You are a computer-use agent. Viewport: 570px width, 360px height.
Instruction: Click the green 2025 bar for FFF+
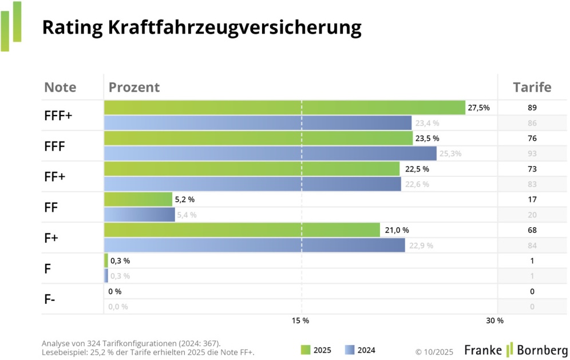[x=284, y=108]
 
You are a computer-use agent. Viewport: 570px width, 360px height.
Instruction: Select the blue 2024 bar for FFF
[x=270, y=153]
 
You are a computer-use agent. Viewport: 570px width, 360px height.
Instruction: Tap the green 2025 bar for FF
[x=138, y=199]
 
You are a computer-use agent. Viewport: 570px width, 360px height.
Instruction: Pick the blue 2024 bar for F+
[x=255, y=245]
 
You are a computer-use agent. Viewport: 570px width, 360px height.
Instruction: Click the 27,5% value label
[x=479, y=108]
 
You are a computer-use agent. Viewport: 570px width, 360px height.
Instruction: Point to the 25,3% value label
[x=450, y=153]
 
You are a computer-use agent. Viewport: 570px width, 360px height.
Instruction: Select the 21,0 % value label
[x=397, y=230]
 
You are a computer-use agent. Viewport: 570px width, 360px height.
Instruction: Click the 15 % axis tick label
[x=300, y=321]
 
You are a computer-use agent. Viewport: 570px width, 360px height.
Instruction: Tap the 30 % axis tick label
[x=495, y=321]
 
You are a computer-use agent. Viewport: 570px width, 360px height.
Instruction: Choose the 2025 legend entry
[x=315, y=350]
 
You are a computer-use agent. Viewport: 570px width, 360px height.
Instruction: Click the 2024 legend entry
[x=360, y=350]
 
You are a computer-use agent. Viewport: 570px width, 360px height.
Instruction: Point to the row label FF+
[x=55, y=176]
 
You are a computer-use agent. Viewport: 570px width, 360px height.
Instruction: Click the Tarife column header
[x=532, y=88]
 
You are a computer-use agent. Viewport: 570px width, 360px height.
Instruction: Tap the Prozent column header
[x=134, y=88]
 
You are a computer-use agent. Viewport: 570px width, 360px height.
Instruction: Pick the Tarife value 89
[x=532, y=108]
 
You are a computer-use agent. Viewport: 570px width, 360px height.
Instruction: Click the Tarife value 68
[x=532, y=230]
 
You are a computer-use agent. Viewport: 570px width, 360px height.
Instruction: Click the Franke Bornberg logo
[x=516, y=350]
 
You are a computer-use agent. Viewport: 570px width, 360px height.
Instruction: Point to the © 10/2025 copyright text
[x=434, y=350]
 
